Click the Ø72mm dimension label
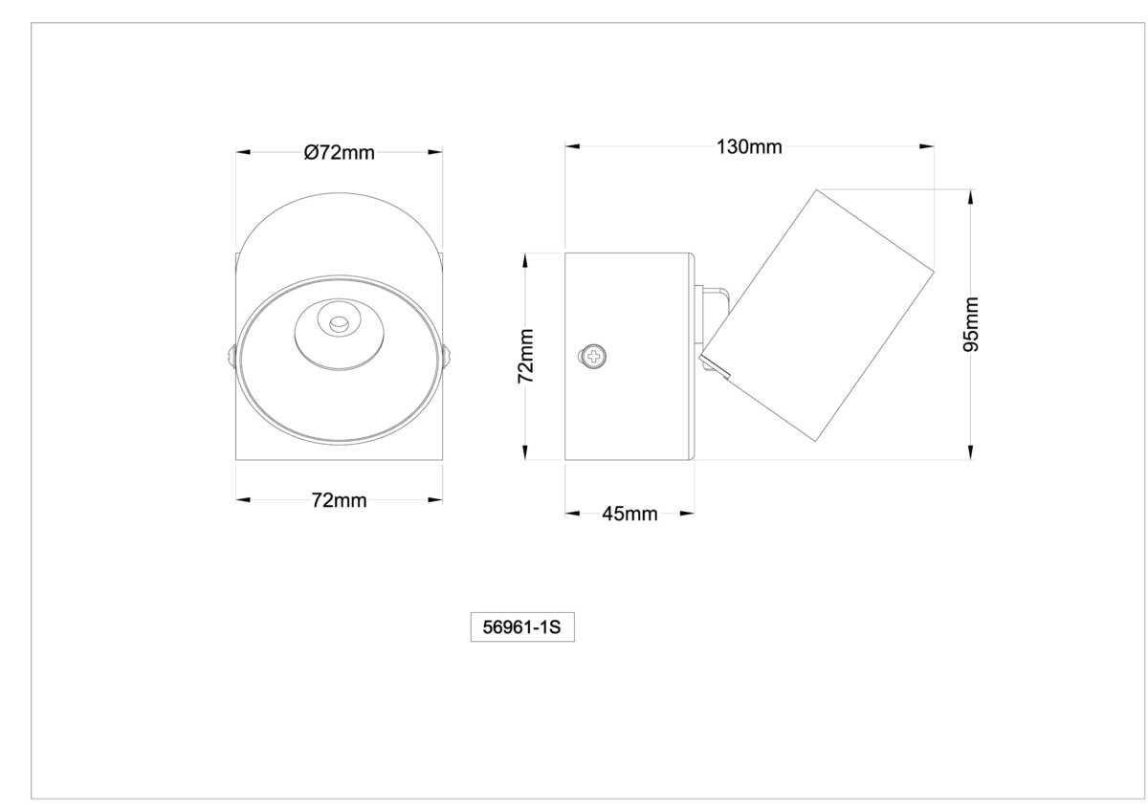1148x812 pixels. (x=340, y=153)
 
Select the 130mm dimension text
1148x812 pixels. (x=749, y=147)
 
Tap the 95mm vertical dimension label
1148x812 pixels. (x=971, y=324)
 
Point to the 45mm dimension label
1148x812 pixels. (x=629, y=514)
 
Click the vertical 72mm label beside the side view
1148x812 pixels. (x=526, y=356)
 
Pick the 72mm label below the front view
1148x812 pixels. (x=340, y=500)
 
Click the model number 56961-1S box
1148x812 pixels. (x=522, y=627)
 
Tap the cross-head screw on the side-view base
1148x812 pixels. (x=593, y=356)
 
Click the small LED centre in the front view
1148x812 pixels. (x=339, y=324)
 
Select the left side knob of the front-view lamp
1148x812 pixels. (x=232, y=356)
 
